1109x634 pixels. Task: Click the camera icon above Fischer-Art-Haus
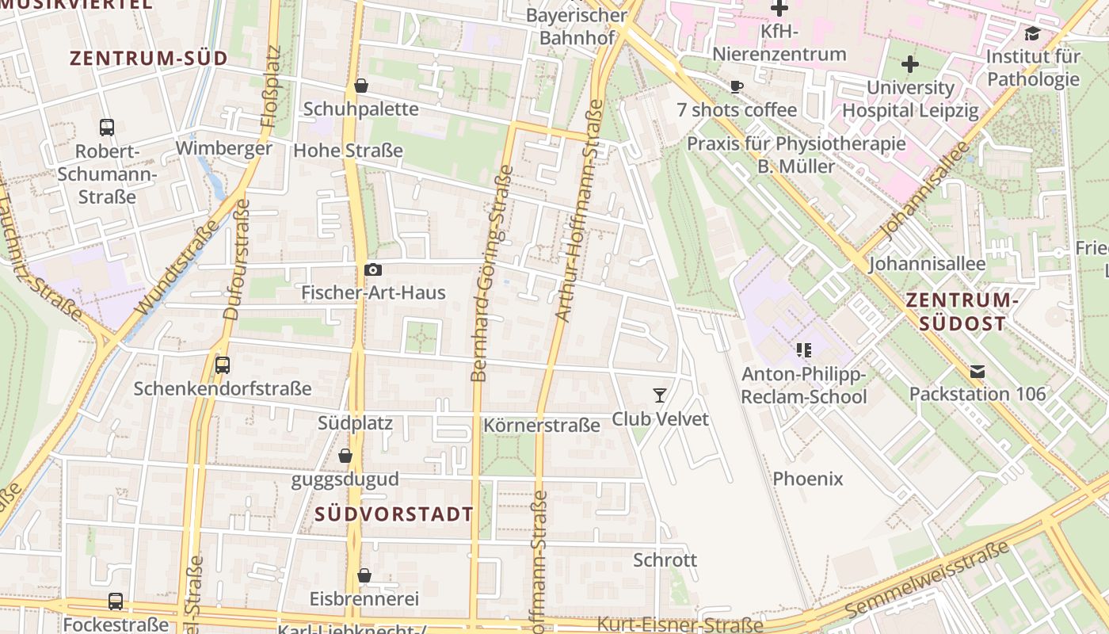coord(372,270)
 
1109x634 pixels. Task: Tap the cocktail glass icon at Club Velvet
coord(659,395)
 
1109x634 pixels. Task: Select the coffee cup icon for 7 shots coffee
coord(737,86)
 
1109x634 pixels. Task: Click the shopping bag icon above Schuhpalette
coord(361,85)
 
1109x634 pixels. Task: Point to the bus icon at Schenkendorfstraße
coord(223,365)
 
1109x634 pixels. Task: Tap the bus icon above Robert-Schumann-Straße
coord(107,127)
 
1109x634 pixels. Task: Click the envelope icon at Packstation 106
coord(977,371)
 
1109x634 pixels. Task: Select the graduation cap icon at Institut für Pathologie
coord(1032,33)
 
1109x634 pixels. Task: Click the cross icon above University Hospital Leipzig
coord(910,63)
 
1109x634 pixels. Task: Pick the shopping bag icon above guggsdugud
coord(345,456)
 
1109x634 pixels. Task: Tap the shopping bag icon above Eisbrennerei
coord(364,575)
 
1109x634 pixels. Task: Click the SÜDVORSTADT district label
coord(394,514)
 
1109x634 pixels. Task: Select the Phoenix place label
coord(808,479)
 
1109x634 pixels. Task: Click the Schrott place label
coord(665,560)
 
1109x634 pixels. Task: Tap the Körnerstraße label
coord(542,426)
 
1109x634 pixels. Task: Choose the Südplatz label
coord(355,422)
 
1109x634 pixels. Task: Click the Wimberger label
coord(223,148)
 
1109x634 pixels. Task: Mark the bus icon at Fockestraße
coord(116,602)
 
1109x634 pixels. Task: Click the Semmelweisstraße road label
coord(927,579)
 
